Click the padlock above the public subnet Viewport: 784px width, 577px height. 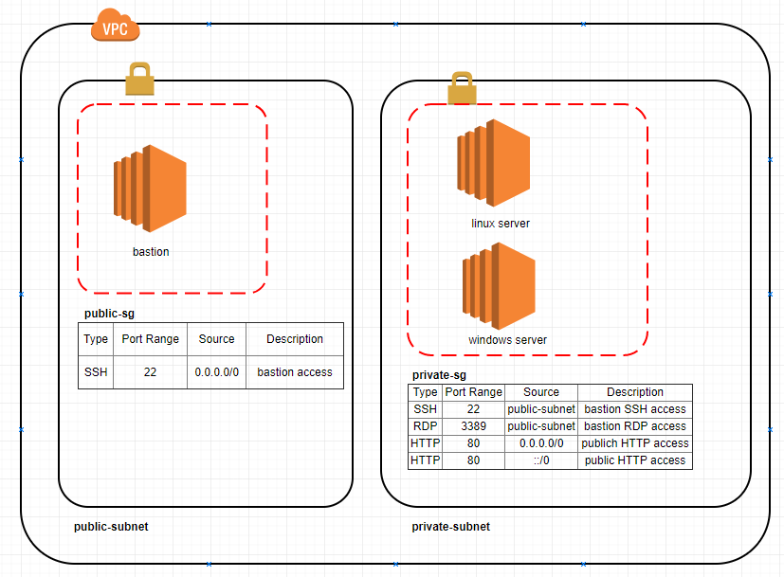coord(139,80)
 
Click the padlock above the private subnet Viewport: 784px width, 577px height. coord(462,87)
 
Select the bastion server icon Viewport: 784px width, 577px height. coord(150,189)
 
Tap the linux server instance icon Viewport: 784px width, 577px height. coord(494,163)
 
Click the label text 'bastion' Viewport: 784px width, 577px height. coord(151,252)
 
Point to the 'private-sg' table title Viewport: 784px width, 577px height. coord(439,375)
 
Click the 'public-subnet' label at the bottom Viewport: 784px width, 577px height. coord(111,527)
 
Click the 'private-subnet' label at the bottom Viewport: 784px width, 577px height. coord(451,527)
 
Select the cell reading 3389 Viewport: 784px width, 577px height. coord(473,426)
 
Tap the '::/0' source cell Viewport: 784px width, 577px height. coord(541,460)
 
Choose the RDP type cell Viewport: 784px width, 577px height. coord(426,426)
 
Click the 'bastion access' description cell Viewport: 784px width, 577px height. coord(295,372)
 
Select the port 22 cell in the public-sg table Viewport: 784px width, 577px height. coord(150,372)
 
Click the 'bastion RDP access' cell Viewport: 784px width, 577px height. coord(635,426)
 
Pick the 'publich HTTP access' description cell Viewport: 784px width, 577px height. coord(635,443)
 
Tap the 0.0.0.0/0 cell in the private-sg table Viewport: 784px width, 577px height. coord(541,443)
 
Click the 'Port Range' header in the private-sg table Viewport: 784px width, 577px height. coord(473,392)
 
